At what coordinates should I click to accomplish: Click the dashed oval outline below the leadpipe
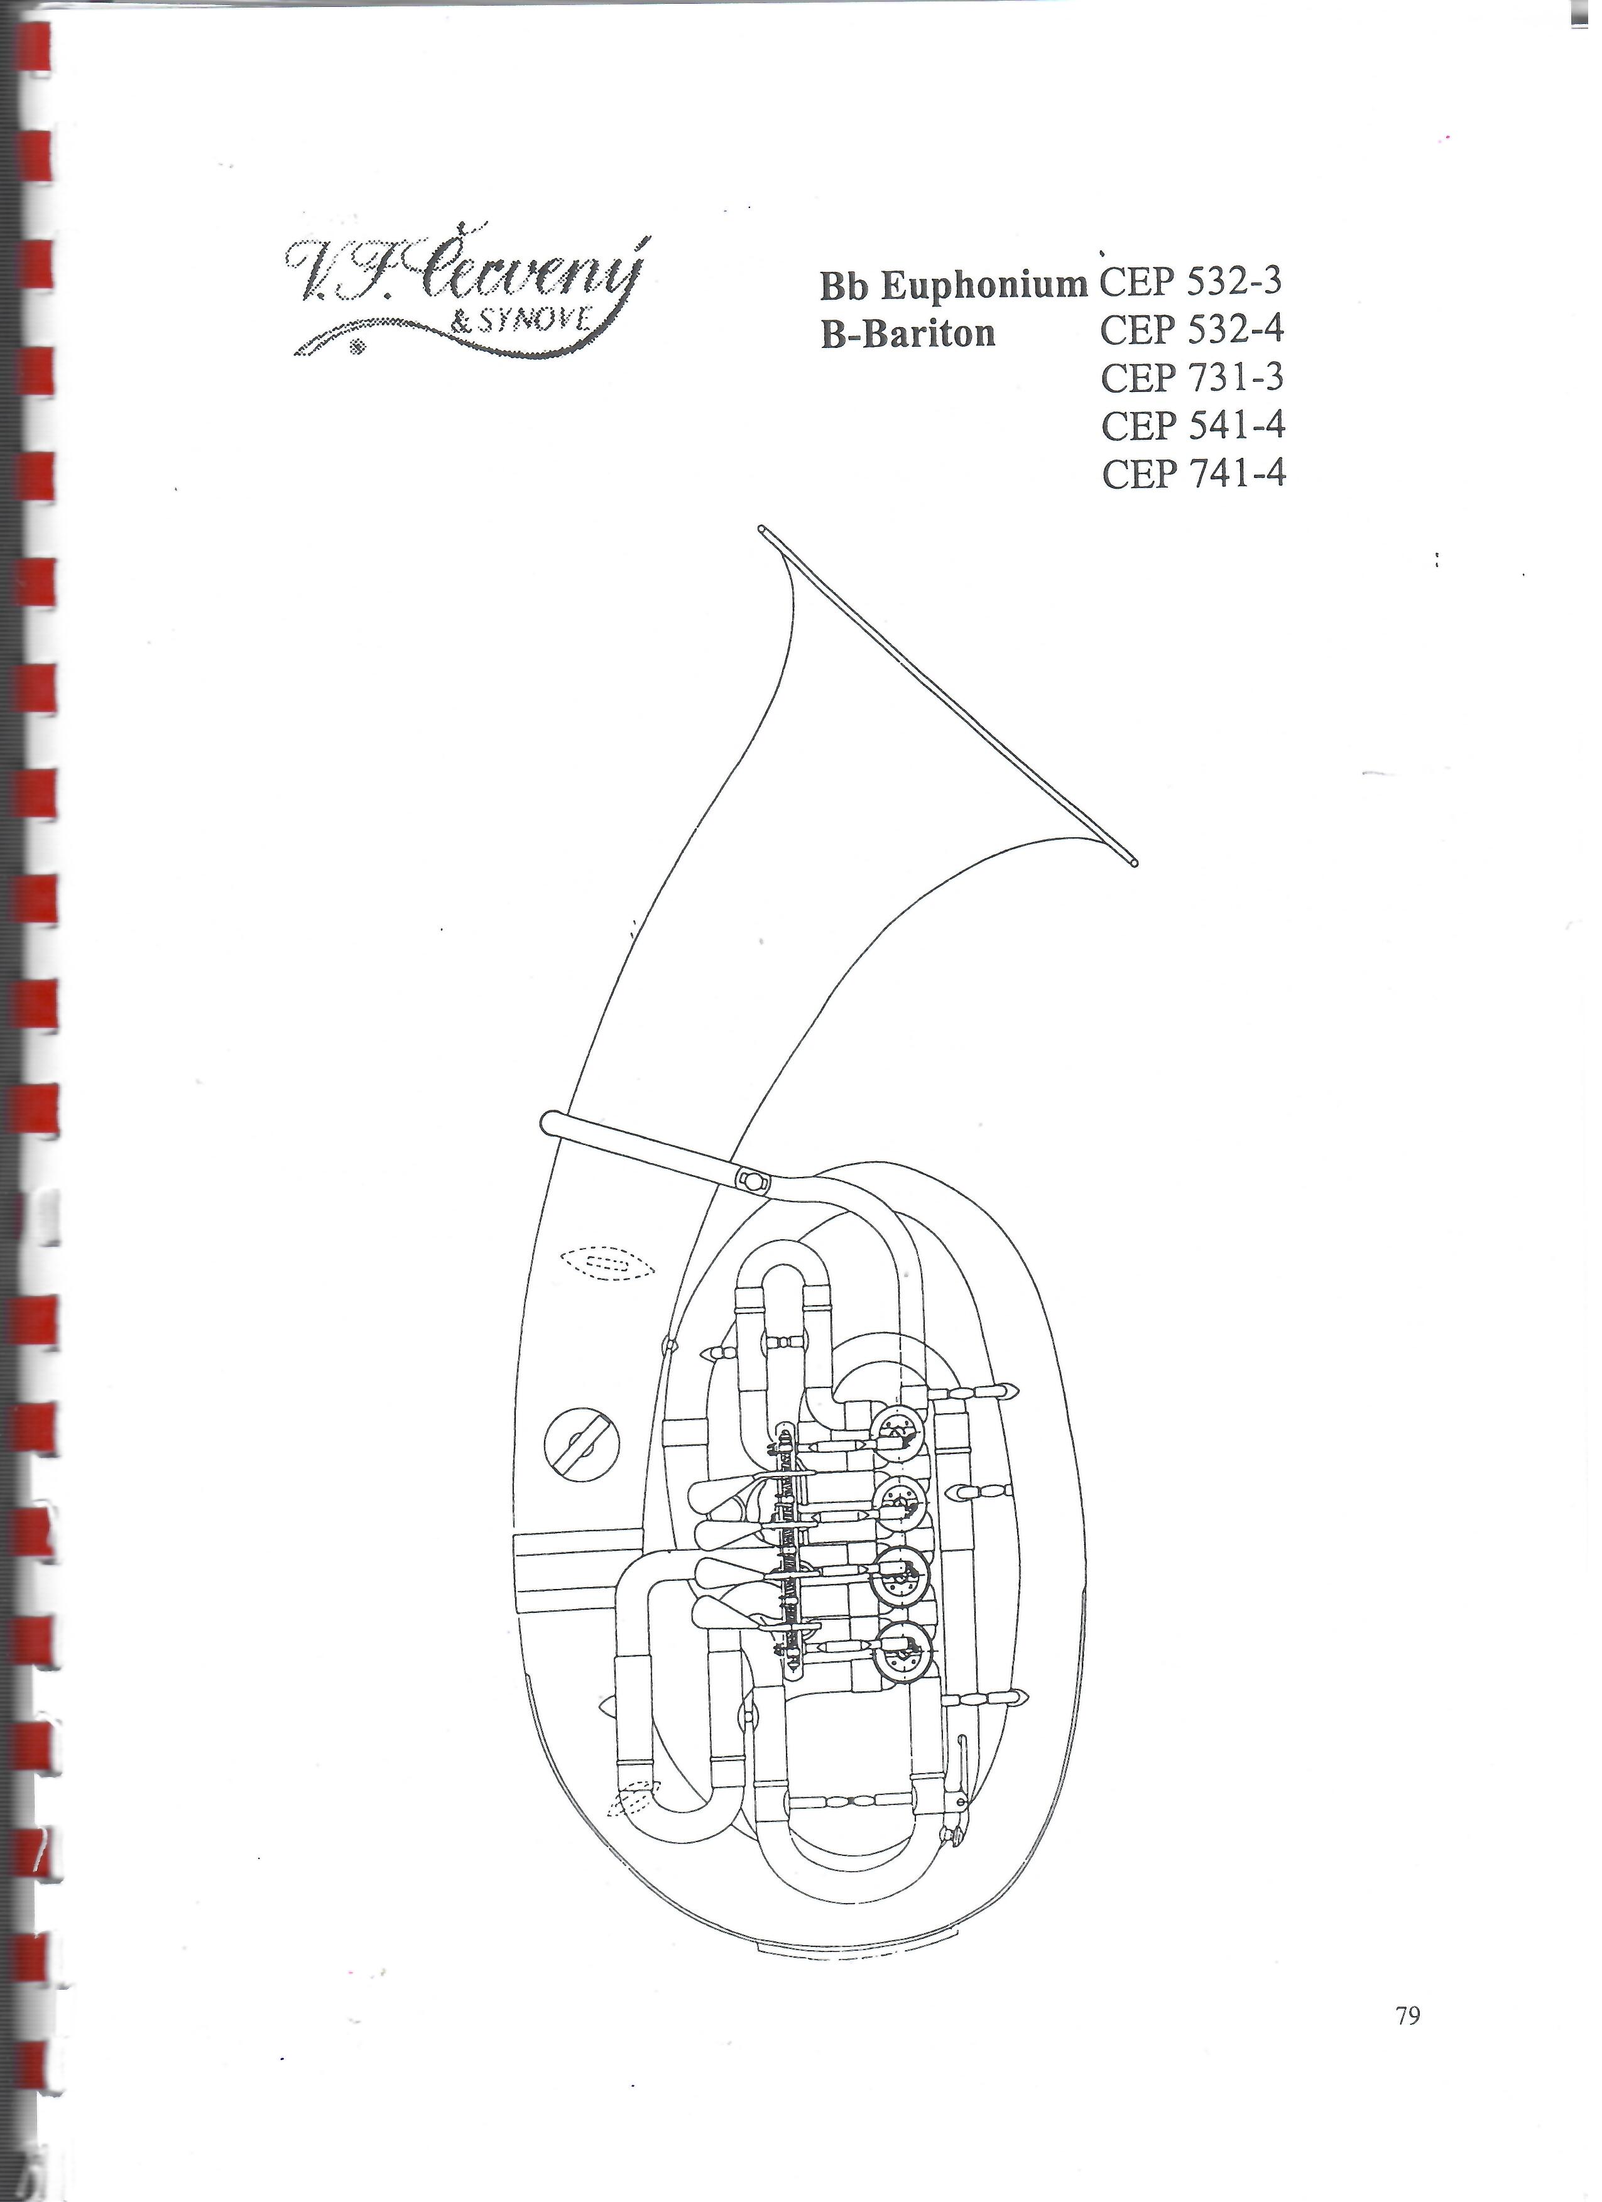[x=608, y=1263]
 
